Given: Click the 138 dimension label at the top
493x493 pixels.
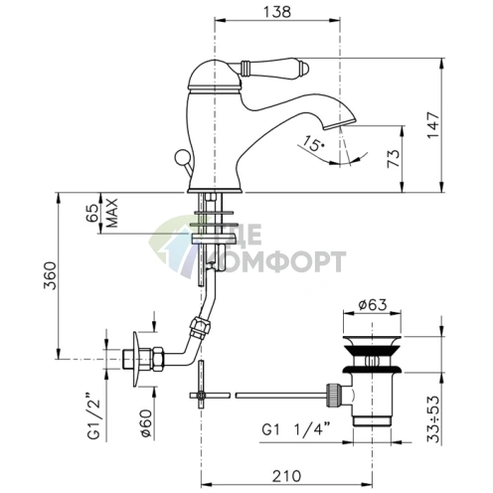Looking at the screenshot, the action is coord(277,12).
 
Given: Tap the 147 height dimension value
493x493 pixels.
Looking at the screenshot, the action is coord(433,125).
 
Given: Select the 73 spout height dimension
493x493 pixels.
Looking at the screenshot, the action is coord(394,159).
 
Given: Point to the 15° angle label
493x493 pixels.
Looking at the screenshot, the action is coord(313,143).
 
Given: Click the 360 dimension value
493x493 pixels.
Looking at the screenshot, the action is coord(51,275).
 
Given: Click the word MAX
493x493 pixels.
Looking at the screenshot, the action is coord(112,213).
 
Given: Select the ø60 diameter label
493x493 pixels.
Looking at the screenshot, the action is coord(146,424).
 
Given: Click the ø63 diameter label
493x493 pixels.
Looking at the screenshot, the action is coord(373,305).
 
